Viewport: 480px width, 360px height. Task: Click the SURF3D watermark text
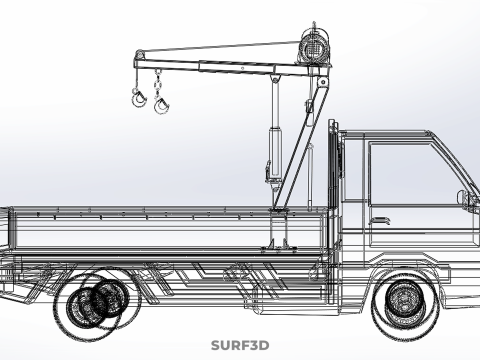[240, 345]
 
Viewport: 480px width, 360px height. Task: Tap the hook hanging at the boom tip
[139, 98]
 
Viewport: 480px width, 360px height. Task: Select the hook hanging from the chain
[161, 104]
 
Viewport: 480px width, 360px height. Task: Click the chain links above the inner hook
[157, 82]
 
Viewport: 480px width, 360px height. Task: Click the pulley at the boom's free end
[139, 54]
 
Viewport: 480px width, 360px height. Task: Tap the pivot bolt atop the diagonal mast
[323, 82]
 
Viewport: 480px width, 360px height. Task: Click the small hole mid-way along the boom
[242, 68]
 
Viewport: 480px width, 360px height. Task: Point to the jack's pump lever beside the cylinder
[268, 172]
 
